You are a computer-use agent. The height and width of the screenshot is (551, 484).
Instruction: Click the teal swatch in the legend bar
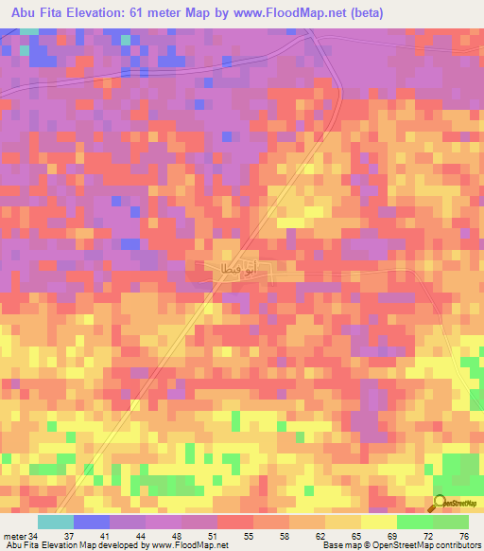pyautogui.click(x=56, y=522)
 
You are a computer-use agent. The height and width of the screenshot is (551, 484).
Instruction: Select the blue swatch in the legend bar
pyautogui.click(x=92, y=522)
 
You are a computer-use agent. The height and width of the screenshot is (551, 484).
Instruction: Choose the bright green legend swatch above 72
pyautogui.click(x=415, y=522)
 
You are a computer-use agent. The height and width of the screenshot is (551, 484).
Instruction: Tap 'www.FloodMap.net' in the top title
pyautogui.click(x=289, y=12)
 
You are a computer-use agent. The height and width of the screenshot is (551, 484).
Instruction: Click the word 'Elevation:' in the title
pyautogui.click(x=108, y=12)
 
